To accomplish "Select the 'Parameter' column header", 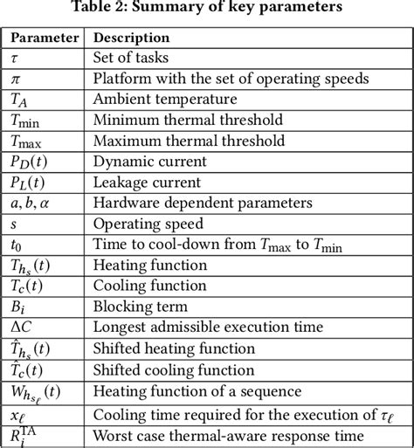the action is click(x=44, y=38).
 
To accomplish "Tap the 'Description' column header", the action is click(x=131, y=38).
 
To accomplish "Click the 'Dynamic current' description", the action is click(x=149, y=161).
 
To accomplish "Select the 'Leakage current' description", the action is click(x=148, y=182).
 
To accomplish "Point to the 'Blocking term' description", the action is click(x=140, y=306).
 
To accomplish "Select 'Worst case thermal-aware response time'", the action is click(x=228, y=434).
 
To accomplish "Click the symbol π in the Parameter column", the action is click(x=15, y=79).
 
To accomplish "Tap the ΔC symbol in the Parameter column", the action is click(x=22, y=327).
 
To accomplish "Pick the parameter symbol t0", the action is click(x=17, y=244).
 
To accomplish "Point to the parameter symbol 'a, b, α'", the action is click(x=31, y=202).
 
